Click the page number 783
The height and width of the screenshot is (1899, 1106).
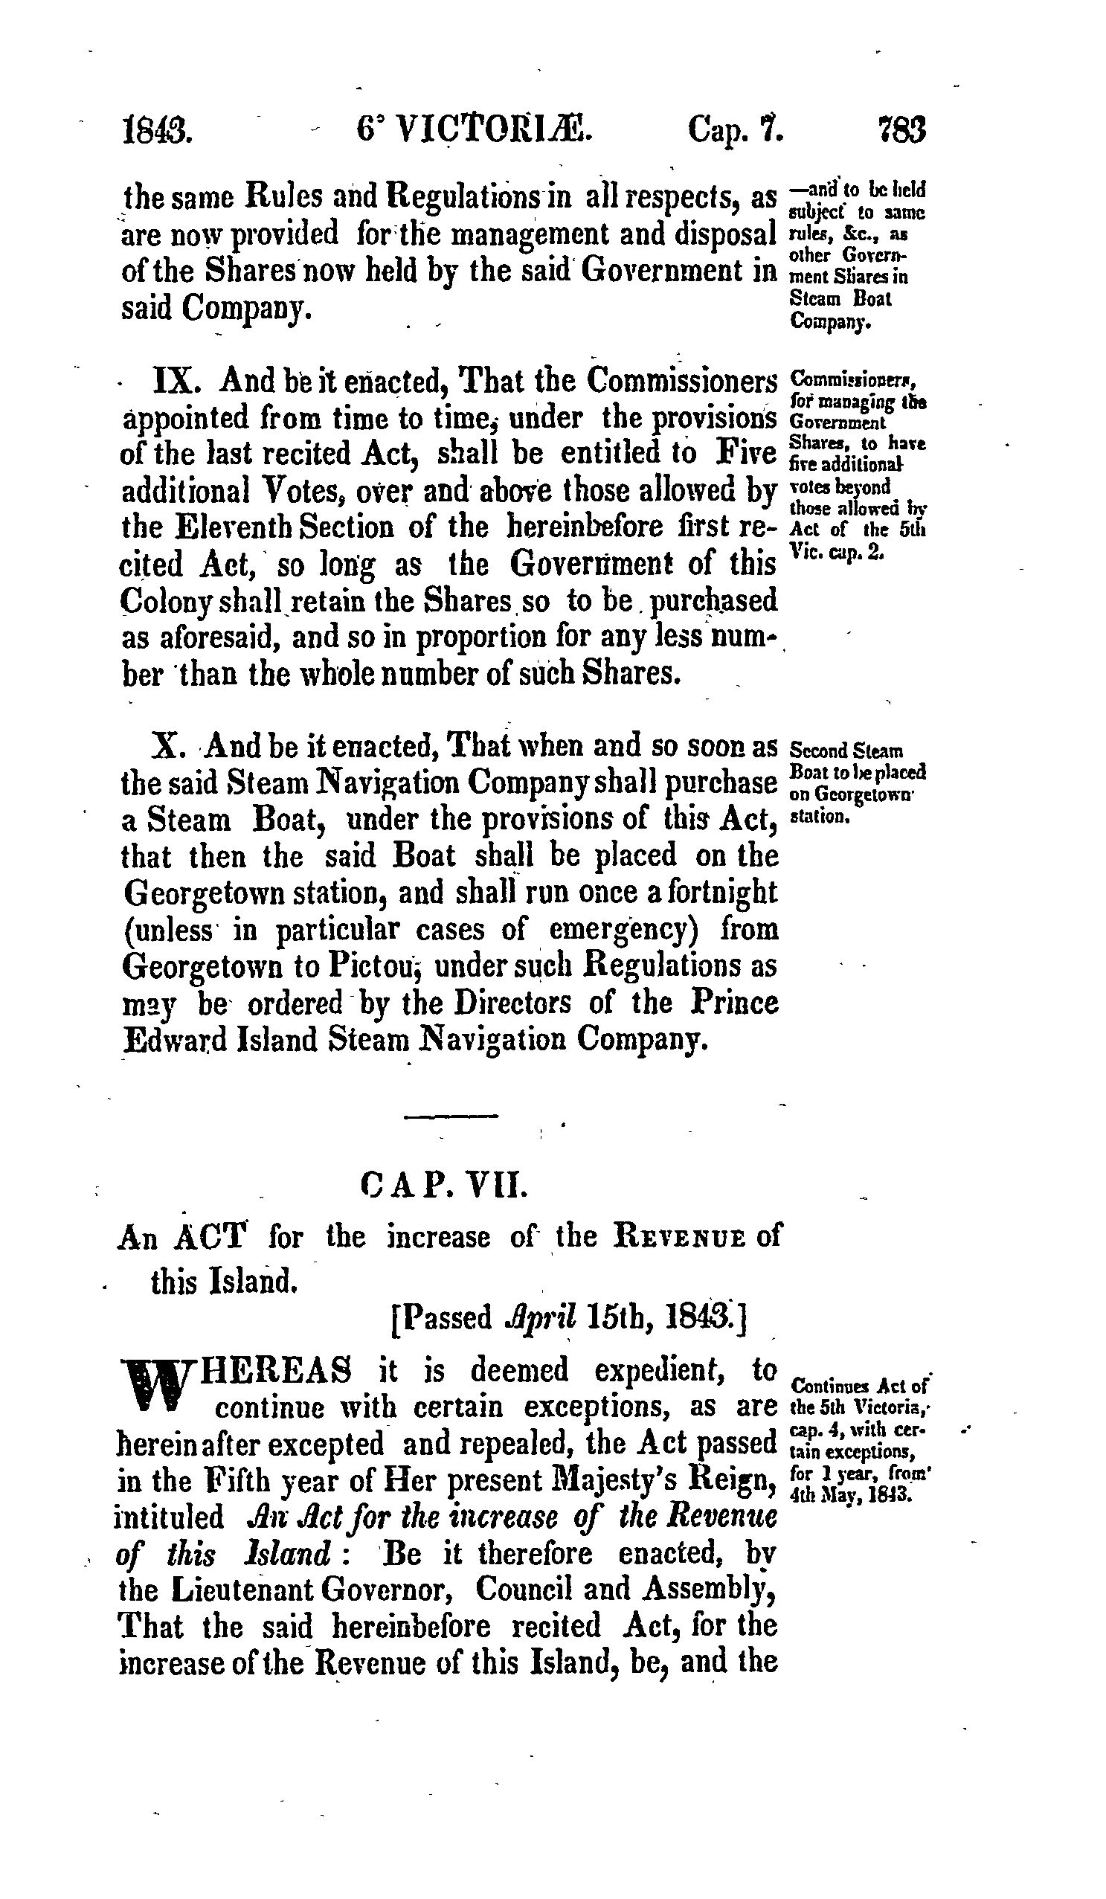[x=899, y=129]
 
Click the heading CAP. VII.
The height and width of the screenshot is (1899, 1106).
[x=446, y=1184]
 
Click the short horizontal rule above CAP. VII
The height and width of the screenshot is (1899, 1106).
[x=451, y=1115]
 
